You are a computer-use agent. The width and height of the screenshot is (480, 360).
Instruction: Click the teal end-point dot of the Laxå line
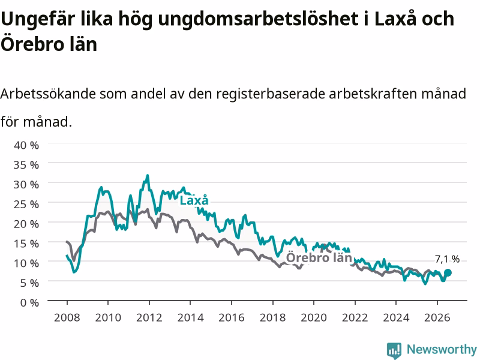448,273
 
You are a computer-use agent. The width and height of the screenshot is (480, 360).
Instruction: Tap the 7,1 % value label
447,259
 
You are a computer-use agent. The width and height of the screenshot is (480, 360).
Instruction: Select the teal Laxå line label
194,200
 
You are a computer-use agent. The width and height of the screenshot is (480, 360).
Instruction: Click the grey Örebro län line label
319,257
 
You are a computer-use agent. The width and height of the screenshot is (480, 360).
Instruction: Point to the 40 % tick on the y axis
26,145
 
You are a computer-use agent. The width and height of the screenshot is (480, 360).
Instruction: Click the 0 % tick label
29,302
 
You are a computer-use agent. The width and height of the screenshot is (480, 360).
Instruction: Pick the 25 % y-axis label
26,204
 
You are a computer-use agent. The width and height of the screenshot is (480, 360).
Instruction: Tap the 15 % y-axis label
26,244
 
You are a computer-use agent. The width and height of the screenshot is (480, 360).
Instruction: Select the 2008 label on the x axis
67,317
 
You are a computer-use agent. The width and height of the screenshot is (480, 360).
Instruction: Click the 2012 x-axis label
149,317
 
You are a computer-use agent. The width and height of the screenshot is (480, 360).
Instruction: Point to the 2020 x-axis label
314,317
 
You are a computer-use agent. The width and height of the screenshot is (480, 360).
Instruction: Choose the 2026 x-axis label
437,317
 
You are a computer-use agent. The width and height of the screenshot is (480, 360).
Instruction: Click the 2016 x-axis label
232,317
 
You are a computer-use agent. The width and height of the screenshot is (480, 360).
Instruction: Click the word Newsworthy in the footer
442,349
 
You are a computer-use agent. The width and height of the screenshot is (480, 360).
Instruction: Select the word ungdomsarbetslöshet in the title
259,20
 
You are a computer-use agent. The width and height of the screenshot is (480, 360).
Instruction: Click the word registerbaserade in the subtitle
271,94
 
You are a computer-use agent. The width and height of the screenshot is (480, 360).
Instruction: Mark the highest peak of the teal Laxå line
148,175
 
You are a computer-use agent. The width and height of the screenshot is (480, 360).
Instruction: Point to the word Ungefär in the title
38,20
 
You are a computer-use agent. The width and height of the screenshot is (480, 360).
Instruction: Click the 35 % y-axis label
26,165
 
